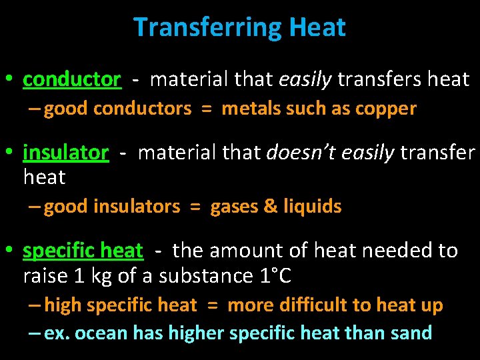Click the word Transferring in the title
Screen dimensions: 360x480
click(x=208, y=27)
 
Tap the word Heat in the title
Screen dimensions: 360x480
click(x=317, y=27)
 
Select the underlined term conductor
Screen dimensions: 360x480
click(x=72, y=80)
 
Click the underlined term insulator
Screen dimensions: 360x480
click(x=65, y=153)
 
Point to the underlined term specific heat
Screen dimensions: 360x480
click(x=83, y=251)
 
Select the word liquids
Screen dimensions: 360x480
click(x=313, y=207)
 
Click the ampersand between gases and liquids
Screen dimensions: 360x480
click(x=271, y=207)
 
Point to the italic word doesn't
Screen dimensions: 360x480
click(x=296, y=153)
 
